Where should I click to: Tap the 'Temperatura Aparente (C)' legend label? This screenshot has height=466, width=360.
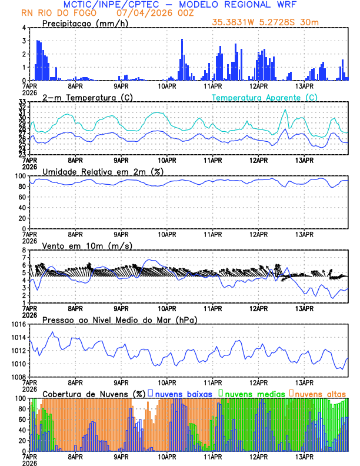264,97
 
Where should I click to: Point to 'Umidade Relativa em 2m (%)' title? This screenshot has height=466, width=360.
102,171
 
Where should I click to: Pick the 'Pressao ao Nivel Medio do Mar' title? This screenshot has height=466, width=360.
119,319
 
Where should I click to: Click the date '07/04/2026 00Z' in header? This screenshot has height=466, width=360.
154,12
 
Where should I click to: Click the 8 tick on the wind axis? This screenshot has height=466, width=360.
24,250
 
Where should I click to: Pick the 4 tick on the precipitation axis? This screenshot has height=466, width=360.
24,28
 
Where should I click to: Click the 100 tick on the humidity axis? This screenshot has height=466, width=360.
21,176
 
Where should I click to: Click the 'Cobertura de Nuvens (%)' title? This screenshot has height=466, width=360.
94,394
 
